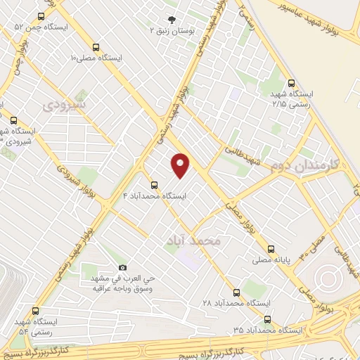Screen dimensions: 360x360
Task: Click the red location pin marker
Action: pos(181,165)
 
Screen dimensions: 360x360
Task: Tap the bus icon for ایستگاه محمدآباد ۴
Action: pos(154,185)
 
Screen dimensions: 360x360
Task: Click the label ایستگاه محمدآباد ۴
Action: pos(155,196)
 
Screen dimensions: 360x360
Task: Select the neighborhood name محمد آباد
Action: pos(194,240)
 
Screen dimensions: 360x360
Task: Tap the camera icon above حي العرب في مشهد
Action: pos(122,268)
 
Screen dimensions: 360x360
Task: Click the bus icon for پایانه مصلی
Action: pos(271,248)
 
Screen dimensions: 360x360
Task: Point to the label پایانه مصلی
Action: pos(272,259)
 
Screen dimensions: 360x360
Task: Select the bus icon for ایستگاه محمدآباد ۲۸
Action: pos(236,290)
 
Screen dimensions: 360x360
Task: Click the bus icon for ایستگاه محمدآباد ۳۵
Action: pos(266,319)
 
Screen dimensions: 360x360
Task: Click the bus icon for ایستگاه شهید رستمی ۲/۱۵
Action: pos(291,83)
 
